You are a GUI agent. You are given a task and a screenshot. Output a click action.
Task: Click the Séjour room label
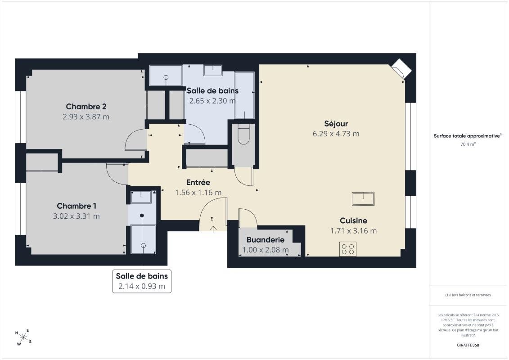[336, 124]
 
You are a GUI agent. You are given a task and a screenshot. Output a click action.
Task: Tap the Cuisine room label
[353, 221]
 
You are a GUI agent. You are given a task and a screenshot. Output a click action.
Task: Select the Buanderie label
[265, 240]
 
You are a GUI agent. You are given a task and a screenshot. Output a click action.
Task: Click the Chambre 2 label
[86, 107]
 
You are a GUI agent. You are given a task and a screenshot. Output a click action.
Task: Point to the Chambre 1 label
[77, 206]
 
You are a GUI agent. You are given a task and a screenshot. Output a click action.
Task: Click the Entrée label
[198, 182]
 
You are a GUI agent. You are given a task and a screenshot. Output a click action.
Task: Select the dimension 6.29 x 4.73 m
[336, 134]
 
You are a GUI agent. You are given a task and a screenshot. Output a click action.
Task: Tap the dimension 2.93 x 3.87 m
[86, 117]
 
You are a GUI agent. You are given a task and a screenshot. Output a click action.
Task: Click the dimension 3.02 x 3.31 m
[77, 216]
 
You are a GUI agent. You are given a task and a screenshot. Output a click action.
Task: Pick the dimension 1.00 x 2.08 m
[266, 250]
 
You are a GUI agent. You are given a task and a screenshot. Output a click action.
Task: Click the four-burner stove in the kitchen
[348, 249]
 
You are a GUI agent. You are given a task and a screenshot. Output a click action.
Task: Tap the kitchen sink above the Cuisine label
[363, 198]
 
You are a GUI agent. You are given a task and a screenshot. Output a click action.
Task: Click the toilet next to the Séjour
[243, 135]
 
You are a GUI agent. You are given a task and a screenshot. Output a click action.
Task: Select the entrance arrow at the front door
[213, 229]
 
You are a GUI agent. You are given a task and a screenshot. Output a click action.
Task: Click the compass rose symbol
[23, 337]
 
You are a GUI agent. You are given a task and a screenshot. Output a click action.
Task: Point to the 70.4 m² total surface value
[468, 144]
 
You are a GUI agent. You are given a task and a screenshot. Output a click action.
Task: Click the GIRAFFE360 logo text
[468, 345]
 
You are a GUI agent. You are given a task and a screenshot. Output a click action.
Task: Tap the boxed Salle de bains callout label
[142, 281]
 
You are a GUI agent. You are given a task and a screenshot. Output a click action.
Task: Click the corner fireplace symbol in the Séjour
[401, 68]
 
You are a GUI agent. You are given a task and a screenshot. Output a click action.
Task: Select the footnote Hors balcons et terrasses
[468, 295]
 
